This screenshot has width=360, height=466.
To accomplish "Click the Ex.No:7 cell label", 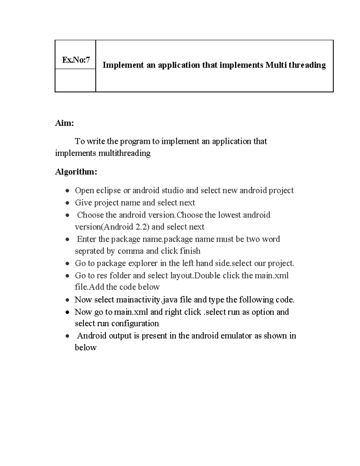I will (x=76, y=60).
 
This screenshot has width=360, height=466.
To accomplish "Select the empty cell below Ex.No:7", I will (x=75, y=80).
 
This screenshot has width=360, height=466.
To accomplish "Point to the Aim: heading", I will (x=64, y=123).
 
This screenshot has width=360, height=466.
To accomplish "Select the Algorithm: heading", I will (x=76, y=172).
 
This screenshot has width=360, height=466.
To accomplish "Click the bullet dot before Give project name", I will (x=67, y=203).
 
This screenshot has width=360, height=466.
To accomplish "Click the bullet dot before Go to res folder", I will (x=67, y=276).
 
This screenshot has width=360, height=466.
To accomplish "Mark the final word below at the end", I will (x=85, y=347).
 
